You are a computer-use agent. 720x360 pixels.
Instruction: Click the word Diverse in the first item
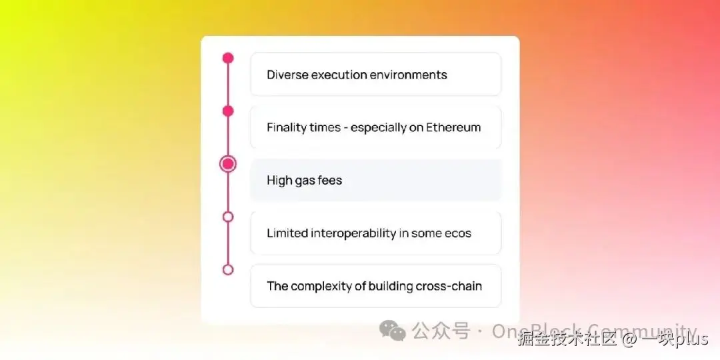[x=287, y=75]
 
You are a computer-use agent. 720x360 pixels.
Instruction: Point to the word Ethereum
[x=453, y=127]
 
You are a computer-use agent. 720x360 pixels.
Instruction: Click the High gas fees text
[x=304, y=180]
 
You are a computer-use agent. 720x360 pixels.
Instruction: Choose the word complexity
[x=321, y=286]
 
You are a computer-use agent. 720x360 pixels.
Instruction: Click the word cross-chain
[x=449, y=286]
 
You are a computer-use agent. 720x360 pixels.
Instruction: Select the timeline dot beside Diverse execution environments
[x=228, y=58]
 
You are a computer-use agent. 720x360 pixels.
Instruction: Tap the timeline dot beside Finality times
[x=228, y=111]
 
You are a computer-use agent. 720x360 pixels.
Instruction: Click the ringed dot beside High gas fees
[x=228, y=164]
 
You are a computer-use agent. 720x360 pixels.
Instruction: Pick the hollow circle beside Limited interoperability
[x=228, y=217]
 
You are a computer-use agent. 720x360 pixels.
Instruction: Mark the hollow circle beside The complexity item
[x=228, y=269]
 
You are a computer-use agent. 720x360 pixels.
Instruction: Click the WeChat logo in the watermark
[x=392, y=330]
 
